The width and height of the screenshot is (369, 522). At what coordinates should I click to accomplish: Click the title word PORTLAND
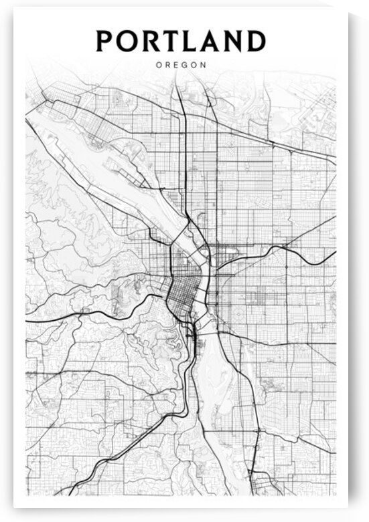(x=180, y=41)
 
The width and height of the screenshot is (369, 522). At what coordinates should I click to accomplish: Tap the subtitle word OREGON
(x=180, y=66)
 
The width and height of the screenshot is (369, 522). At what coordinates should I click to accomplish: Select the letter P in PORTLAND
(x=106, y=41)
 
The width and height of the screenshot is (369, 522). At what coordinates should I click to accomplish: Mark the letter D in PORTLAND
(x=255, y=41)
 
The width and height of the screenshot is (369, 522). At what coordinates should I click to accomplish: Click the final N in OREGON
(x=203, y=66)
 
